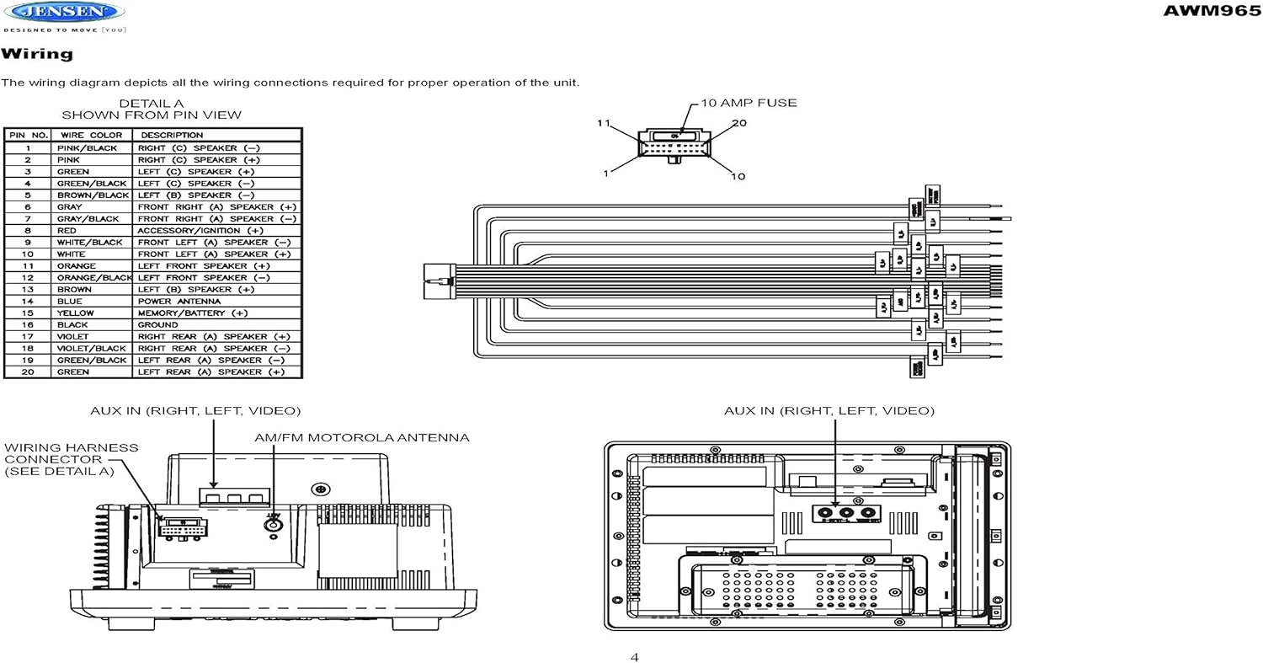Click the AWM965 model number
pyautogui.click(x=1212, y=10)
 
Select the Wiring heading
pyautogui.click(x=37, y=54)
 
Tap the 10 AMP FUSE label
pyautogui.click(x=749, y=103)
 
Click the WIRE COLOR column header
pyautogui.click(x=90, y=135)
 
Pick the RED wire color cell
pyautogui.click(x=67, y=230)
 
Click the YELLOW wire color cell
pyautogui.click(x=75, y=313)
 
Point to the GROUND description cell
pyautogui.click(x=157, y=324)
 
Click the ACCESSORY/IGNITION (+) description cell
pyautogui.click(x=200, y=230)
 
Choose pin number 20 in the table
pyautogui.click(x=28, y=372)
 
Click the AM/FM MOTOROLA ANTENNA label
pyautogui.click(x=362, y=437)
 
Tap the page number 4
pyautogui.click(x=634, y=657)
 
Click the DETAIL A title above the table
pyautogui.click(x=151, y=104)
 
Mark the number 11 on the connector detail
pyautogui.click(x=603, y=123)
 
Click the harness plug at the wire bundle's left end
pyautogui.click(x=438, y=281)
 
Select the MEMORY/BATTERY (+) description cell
pyautogui.click(x=193, y=313)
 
